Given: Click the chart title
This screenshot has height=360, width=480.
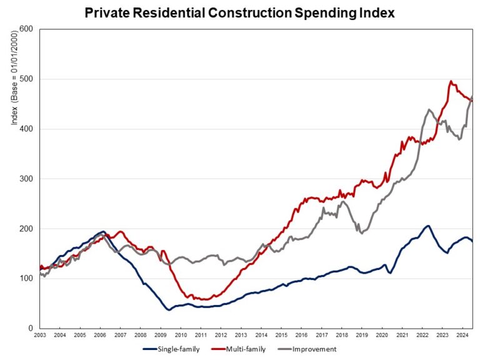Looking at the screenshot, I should coord(240,13).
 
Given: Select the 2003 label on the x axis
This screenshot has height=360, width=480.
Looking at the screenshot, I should coord(40,336).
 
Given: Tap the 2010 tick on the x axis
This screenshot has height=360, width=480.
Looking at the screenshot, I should coord(181,336).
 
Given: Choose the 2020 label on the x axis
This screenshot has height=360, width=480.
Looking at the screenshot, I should coord(382,336).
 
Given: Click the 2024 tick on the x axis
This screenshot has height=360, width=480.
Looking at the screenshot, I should coord(462,336).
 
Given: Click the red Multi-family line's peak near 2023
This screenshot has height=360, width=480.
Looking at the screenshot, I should coord(450,81).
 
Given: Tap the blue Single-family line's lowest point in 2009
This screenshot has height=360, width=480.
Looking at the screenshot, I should coord(169,309).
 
